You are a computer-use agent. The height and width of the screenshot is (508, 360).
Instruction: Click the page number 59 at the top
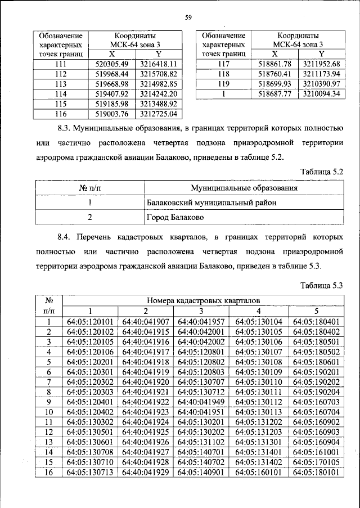pos(188,17)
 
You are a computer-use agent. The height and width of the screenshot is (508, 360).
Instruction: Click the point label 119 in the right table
pos(223,84)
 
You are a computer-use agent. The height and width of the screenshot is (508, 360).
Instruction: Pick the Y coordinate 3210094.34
pos(321,94)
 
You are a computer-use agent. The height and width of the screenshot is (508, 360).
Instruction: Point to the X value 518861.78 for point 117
pos(274,64)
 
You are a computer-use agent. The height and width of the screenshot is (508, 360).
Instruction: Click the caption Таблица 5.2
pos(322,170)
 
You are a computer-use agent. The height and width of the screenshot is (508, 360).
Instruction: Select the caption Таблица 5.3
pos(322,285)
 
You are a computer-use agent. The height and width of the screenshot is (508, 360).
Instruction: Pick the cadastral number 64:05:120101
pos(90,322)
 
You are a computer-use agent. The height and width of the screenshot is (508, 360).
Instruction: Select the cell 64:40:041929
pos(145,474)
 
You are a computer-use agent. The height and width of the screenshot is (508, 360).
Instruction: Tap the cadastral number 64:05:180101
pos(316,474)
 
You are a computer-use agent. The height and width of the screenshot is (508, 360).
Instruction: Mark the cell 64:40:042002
pos(201,342)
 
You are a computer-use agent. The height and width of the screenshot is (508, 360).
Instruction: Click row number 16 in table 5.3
pos(49,474)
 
